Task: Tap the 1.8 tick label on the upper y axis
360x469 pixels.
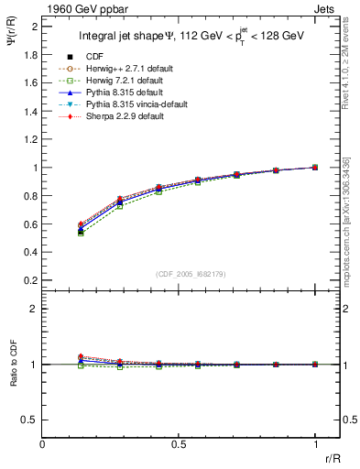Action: click(x=29, y=55)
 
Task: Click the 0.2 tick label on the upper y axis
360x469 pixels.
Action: click(x=29, y=280)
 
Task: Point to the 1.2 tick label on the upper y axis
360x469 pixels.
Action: click(x=29, y=139)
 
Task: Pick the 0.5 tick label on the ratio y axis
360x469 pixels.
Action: click(x=29, y=420)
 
